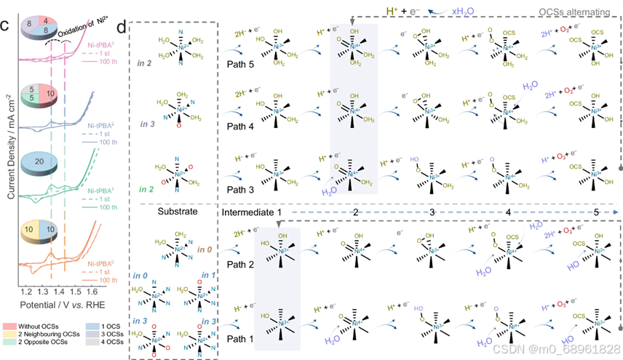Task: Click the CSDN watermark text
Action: click(x=568, y=350)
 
